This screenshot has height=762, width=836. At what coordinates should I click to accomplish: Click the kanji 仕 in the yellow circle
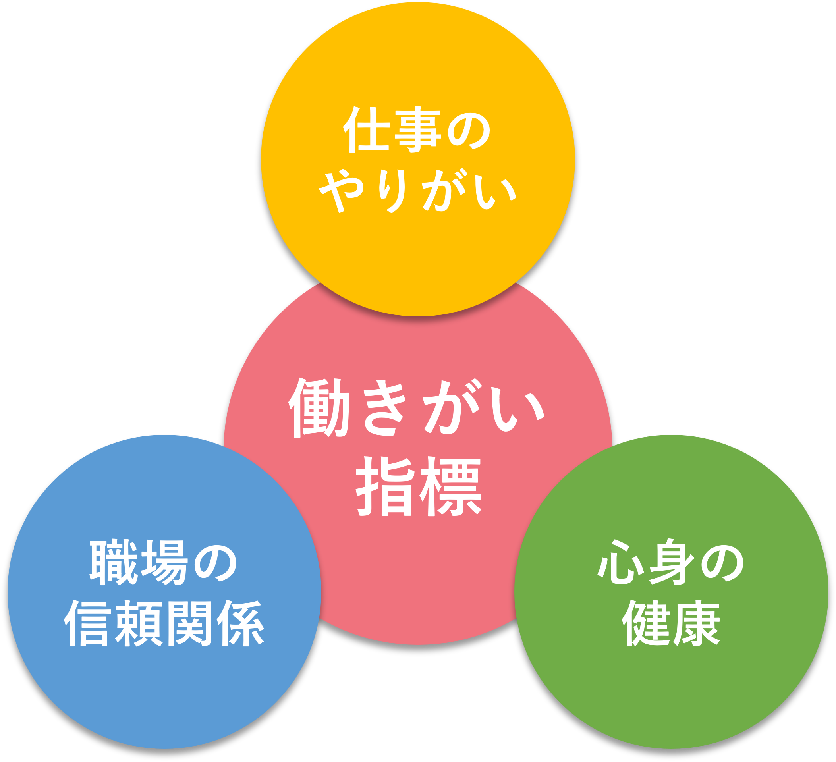click(366, 130)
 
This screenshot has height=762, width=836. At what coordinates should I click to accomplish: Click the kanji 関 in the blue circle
click(190, 623)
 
